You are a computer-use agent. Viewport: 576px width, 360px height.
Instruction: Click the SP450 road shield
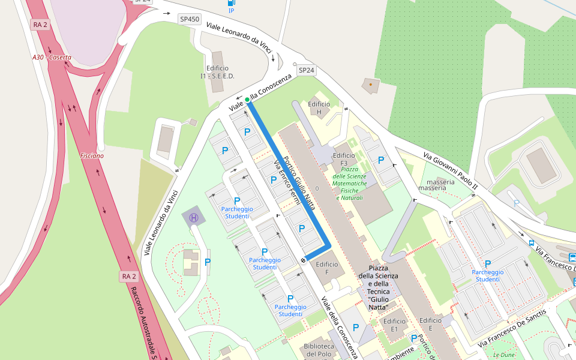[190, 19]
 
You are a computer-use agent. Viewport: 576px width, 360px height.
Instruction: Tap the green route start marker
[247, 100]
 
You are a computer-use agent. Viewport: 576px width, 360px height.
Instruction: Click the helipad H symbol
[194, 218]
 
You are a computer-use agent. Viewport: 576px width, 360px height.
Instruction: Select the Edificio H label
[319, 108]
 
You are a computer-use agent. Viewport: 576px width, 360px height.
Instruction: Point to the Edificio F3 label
[344, 159]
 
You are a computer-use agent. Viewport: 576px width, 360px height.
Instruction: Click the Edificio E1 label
[394, 325]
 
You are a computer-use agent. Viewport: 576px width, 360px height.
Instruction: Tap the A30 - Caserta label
[52, 58]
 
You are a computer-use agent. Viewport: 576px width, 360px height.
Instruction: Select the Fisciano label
[92, 155]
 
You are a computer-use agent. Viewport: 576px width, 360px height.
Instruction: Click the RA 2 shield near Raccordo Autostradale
[128, 276]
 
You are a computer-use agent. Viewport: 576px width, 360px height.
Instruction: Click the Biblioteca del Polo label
[319, 350]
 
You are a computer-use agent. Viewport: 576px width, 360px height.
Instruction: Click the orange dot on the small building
[371, 85]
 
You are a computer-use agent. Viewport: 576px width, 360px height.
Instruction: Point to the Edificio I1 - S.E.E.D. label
[217, 72]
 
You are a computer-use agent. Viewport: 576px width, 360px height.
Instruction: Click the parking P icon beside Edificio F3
[380, 160]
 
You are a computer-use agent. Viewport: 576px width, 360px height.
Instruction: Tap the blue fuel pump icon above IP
[231, 3]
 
